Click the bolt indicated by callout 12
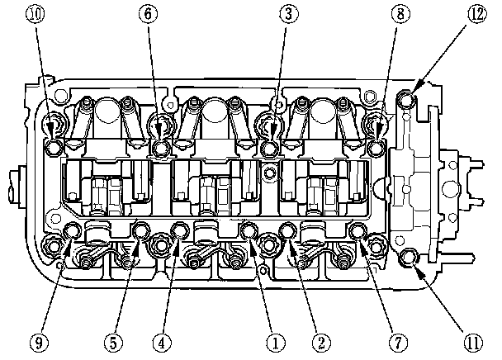[x=408, y=100]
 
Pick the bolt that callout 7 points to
[x=358, y=230]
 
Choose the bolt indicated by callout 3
[x=269, y=148]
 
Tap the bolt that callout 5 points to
[x=141, y=230]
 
